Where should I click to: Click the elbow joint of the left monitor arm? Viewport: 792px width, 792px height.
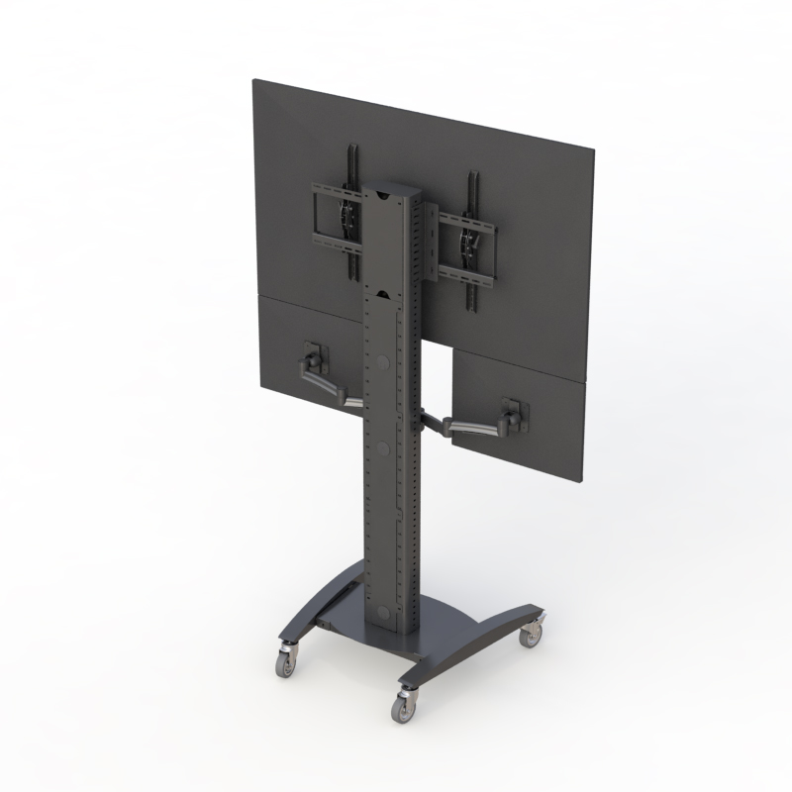tap(349, 401)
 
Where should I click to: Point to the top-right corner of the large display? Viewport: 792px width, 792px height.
tap(593, 150)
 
